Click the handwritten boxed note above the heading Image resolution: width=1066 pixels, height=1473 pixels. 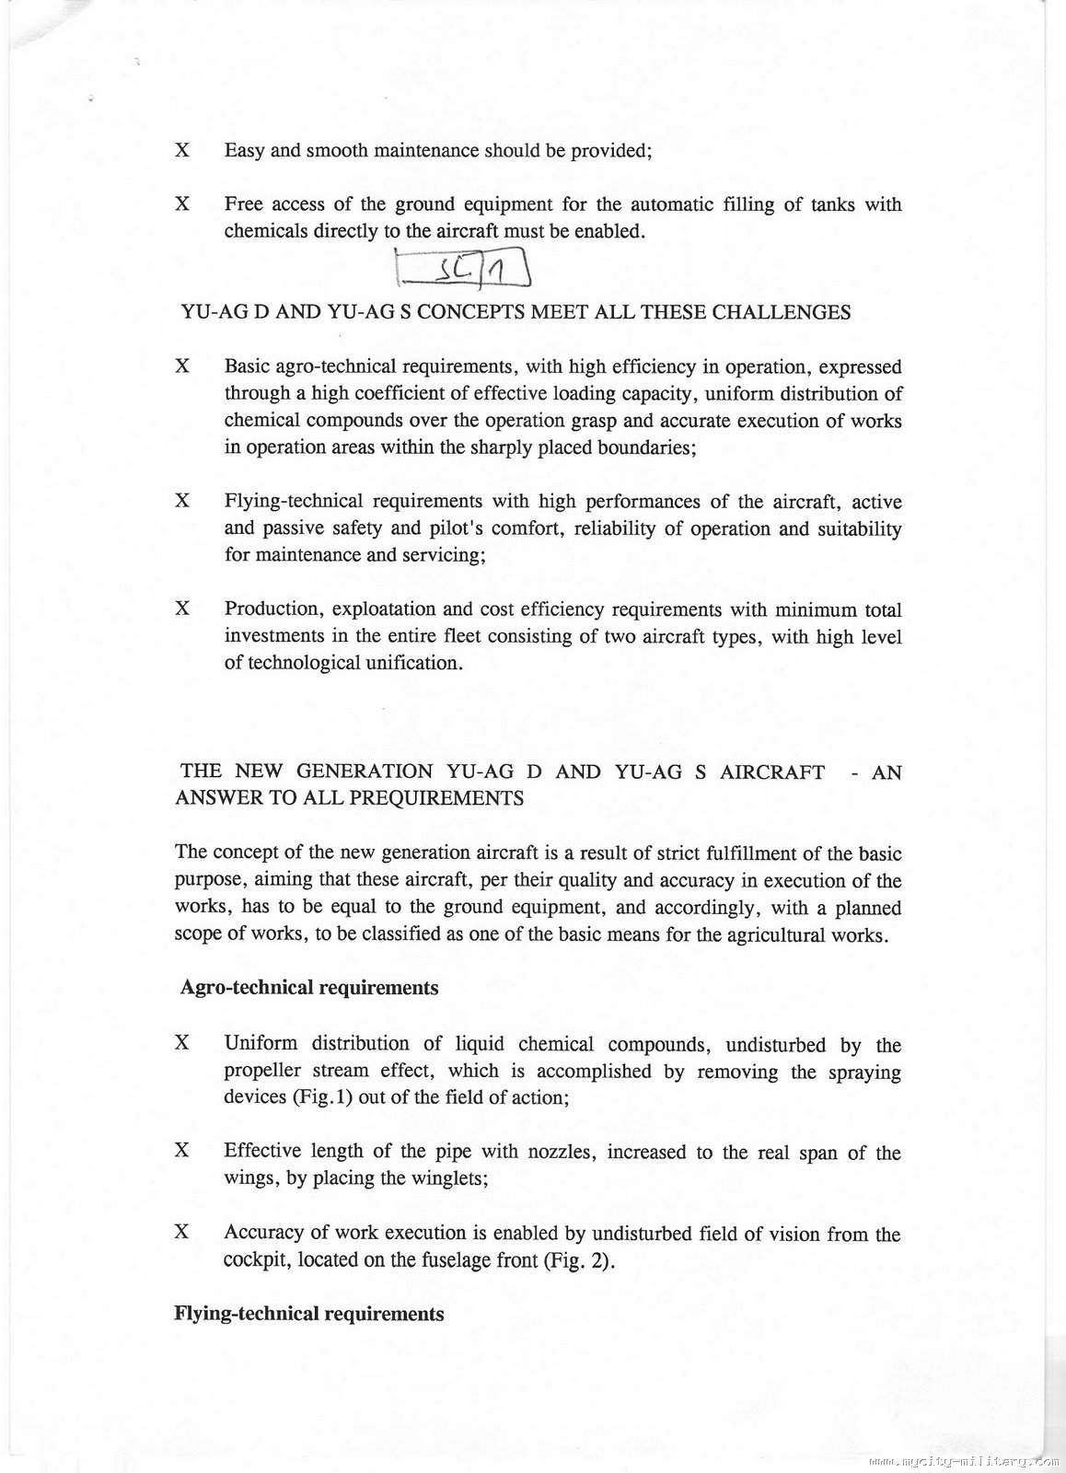click(x=461, y=270)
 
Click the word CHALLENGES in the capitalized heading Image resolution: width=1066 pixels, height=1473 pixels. click(x=782, y=312)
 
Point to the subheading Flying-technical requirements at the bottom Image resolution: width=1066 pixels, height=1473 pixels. click(x=308, y=1314)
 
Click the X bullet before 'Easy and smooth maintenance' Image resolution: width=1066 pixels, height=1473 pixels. click(x=182, y=150)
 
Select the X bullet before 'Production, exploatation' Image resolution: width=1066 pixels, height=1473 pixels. click(x=182, y=609)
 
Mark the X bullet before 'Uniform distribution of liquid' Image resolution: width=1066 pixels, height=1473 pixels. click(x=182, y=1043)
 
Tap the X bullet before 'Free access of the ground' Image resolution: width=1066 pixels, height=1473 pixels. click(x=182, y=203)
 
